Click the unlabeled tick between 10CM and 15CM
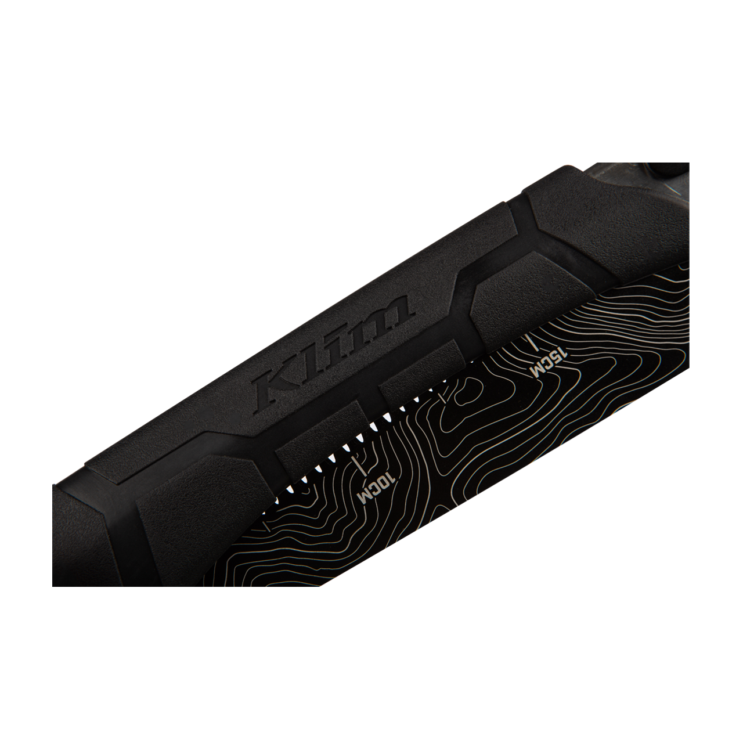pos(444,397)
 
